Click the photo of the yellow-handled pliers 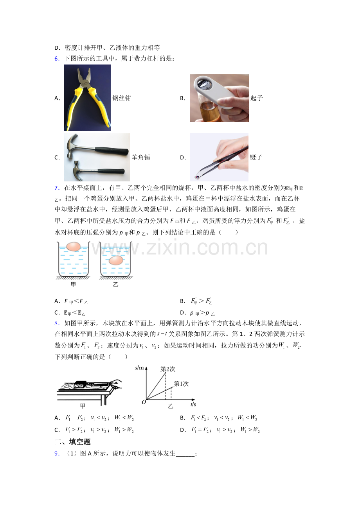[x=88, y=98]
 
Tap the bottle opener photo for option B [x=219, y=98]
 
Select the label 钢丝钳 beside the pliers [x=122, y=98]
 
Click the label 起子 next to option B [x=257, y=98]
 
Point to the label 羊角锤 [x=141, y=158]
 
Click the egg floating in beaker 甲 [x=73, y=247]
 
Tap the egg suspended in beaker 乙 [x=115, y=260]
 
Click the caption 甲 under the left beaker [x=73, y=284]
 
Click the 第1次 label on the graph [x=181, y=384]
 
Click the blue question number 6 [x=56, y=59]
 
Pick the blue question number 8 [x=56, y=323]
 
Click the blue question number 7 [x=56, y=188]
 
